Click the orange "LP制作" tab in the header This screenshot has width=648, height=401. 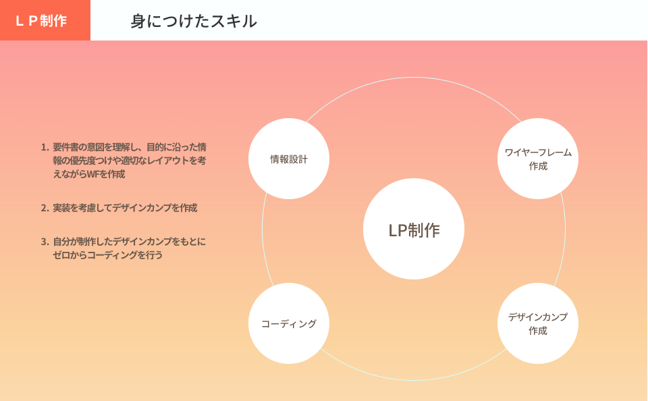pyautogui.click(x=42, y=21)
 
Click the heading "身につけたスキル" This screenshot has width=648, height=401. pyautogui.click(x=194, y=21)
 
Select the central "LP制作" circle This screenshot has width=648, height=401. pyautogui.click(x=414, y=230)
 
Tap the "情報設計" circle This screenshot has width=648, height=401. pyautogui.click(x=289, y=159)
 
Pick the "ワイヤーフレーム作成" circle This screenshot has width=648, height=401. pyautogui.click(x=538, y=159)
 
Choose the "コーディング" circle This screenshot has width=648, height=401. pyautogui.click(x=289, y=324)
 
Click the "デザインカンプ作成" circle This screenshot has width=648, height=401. pyautogui.click(x=538, y=323)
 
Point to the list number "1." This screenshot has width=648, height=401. pyautogui.click(x=45, y=147)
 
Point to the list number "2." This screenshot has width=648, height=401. pyautogui.click(x=45, y=208)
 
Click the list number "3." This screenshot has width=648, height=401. pyautogui.click(x=45, y=242)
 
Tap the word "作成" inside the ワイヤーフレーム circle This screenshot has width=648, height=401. pyautogui.click(x=538, y=166)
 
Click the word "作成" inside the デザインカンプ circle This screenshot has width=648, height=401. pyautogui.click(x=538, y=331)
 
